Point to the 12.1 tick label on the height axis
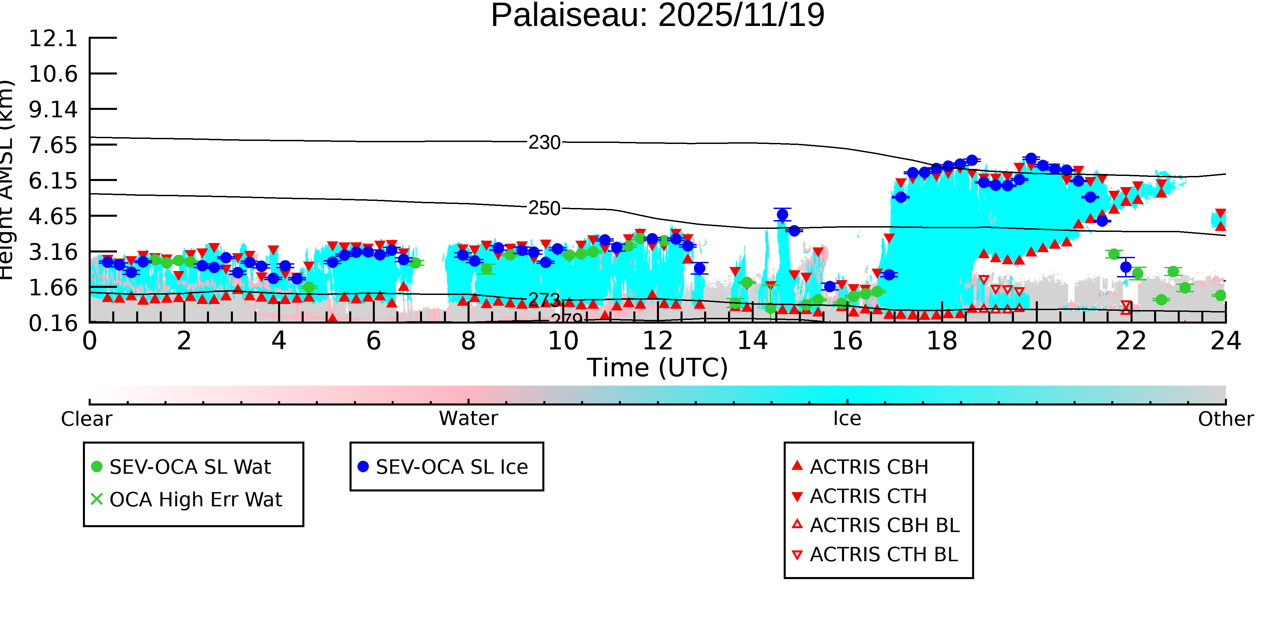pyautogui.click(x=53, y=38)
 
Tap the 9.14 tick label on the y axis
pyautogui.click(x=53, y=109)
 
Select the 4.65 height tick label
pyautogui.click(x=53, y=216)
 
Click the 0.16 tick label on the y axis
pyautogui.click(x=53, y=323)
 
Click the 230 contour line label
pyautogui.click(x=544, y=143)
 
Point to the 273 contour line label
pyautogui.click(x=544, y=299)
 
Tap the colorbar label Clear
pyautogui.click(x=86, y=419)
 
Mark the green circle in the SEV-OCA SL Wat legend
pyautogui.click(x=97, y=467)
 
